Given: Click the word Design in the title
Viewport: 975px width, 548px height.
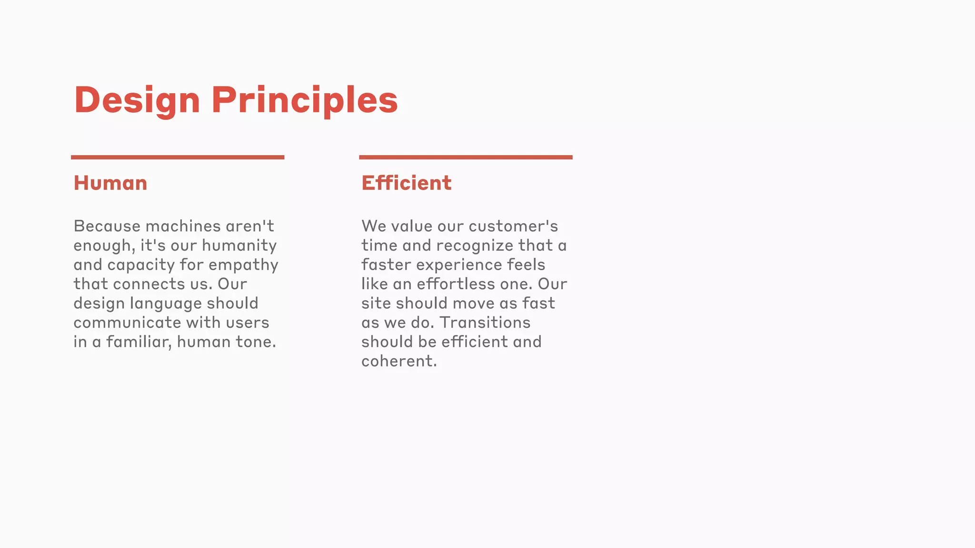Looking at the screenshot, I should pyautogui.click(x=137, y=100).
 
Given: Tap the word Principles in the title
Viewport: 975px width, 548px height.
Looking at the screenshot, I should pyautogui.click(x=305, y=100).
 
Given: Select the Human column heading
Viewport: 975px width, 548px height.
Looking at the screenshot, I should pyautogui.click(x=110, y=183).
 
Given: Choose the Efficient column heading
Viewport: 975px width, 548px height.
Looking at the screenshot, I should pyautogui.click(x=406, y=183).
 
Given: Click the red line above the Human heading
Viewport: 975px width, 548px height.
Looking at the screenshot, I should pyautogui.click(x=178, y=157).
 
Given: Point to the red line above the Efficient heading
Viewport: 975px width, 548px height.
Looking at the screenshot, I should pyautogui.click(x=466, y=157).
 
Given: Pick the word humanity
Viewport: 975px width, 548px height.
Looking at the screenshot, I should pyautogui.click(x=239, y=245).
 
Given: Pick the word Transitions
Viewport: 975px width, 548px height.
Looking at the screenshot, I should pyautogui.click(x=485, y=323).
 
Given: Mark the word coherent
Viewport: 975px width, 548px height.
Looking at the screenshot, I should pyautogui.click(x=398, y=361).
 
